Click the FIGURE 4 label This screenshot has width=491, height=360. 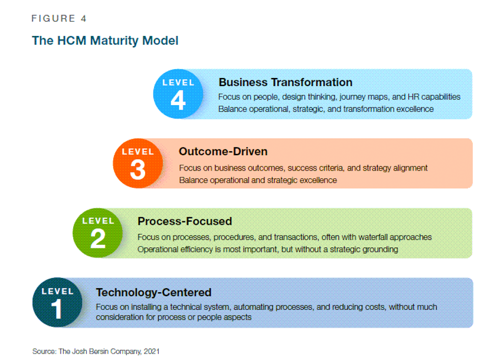(59, 18)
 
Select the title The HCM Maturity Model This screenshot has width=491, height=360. (105, 41)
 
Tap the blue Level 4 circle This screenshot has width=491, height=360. (178, 94)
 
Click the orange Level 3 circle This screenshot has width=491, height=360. (138, 163)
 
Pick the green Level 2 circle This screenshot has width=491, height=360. (98, 233)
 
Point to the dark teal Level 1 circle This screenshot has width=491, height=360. (57, 302)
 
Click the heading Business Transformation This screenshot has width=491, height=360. (286, 82)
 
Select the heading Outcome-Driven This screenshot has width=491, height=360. (223, 152)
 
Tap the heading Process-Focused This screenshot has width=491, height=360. (185, 221)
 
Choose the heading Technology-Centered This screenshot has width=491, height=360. (154, 292)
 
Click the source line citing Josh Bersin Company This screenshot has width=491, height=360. (96, 351)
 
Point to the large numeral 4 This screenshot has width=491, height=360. (178, 100)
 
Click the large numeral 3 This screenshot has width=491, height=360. (138, 169)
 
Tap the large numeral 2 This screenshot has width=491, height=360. (98, 238)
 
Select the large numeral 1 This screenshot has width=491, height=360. (57, 309)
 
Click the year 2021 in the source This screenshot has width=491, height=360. (152, 351)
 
